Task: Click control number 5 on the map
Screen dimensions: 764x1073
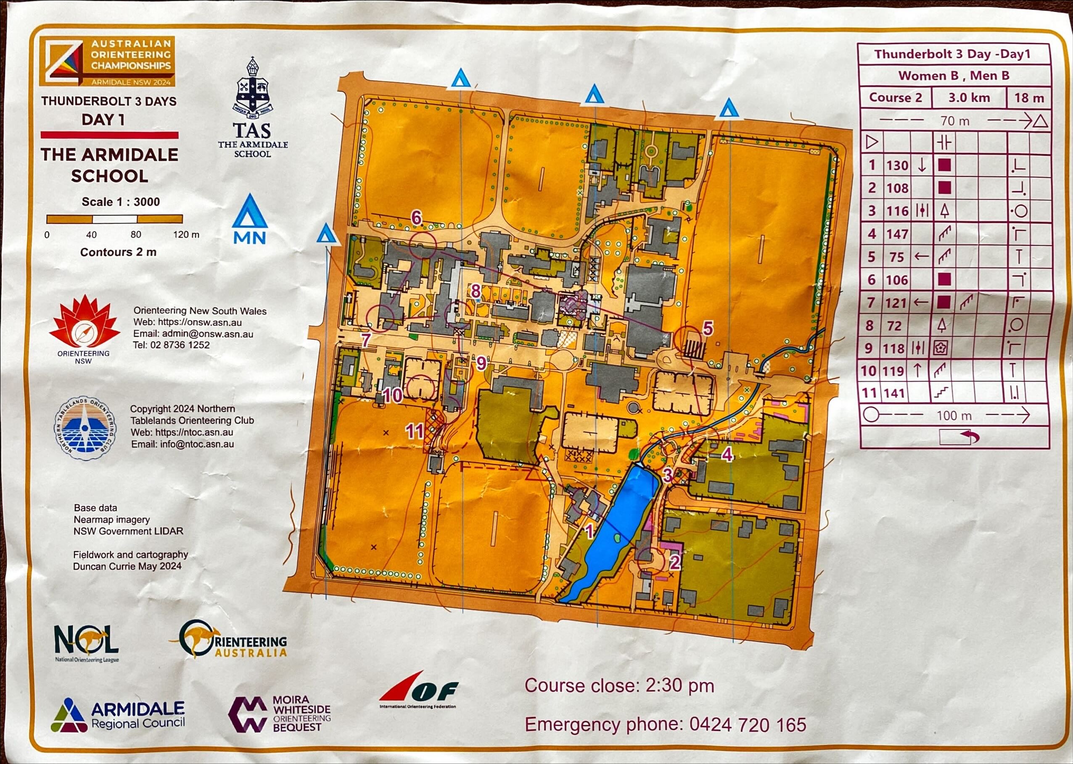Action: tap(708, 328)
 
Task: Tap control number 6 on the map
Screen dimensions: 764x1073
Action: tap(416, 218)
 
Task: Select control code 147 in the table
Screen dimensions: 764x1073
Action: tap(897, 234)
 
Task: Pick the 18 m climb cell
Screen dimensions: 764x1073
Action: tap(1029, 98)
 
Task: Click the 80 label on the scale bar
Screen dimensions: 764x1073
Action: tap(135, 234)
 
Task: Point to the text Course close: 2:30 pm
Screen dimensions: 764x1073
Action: tap(619, 685)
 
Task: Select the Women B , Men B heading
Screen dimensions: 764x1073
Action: tap(954, 76)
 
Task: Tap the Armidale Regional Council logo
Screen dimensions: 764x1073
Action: tap(118, 716)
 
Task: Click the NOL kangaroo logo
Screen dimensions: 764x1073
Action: tap(87, 642)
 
